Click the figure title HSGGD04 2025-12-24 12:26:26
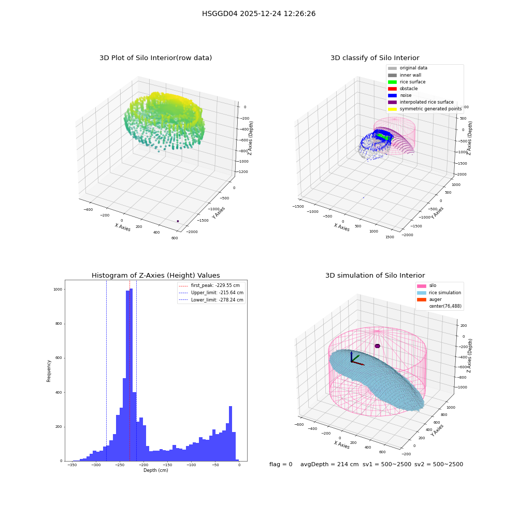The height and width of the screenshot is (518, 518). click(258, 13)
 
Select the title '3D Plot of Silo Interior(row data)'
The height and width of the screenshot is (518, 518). click(155, 58)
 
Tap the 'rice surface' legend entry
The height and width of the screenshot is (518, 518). click(406, 82)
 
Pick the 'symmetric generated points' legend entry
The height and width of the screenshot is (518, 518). click(425, 109)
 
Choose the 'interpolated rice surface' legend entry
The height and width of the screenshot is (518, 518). click(421, 102)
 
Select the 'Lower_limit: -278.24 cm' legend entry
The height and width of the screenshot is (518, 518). click(211, 300)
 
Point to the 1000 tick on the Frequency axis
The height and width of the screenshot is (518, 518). click(57, 290)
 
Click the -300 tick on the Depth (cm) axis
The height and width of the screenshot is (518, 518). click(96, 465)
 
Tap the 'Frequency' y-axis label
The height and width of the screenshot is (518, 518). click(49, 371)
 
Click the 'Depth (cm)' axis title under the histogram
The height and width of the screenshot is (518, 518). click(156, 470)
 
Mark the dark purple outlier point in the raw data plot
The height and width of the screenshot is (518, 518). click(178, 221)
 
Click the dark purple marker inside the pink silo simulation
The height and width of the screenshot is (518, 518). click(377, 346)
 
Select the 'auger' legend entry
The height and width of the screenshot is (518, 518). click(429, 299)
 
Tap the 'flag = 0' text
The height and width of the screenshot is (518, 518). click(281, 464)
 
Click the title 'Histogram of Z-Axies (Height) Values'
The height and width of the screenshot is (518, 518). click(155, 276)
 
